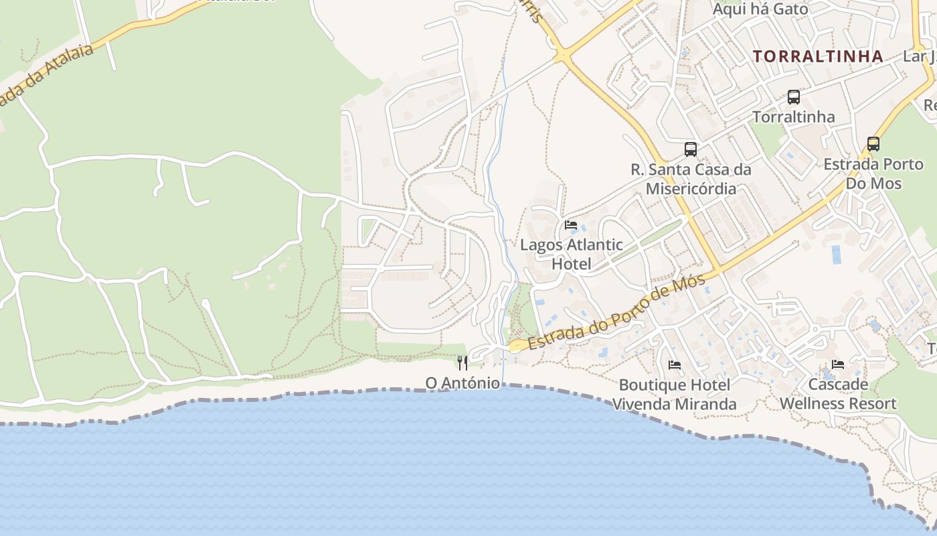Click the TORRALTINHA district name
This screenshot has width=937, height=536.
[818, 56]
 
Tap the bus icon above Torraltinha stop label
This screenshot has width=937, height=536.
[794, 97]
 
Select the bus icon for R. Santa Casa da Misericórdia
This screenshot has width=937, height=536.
[691, 149]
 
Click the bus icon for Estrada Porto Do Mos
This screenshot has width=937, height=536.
[873, 144]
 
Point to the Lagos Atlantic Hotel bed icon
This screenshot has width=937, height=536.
[571, 225]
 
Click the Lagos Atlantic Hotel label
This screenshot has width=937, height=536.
[572, 255]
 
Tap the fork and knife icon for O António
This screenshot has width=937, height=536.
[462, 363]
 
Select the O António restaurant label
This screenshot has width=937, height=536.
[462, 383]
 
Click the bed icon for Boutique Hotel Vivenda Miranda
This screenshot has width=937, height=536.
[675, 365]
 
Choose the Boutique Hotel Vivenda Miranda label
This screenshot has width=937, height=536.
[675, 395]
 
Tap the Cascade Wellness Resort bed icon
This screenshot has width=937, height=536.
[838, 365]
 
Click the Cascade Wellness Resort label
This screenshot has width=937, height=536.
[838, 394]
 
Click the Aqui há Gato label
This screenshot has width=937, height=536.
[760, 9]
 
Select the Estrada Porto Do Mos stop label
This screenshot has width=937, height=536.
[873, 174]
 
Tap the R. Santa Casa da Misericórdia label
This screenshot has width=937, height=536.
[691, 179]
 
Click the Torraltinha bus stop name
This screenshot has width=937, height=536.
[794, 117]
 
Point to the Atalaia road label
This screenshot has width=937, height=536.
[47, 76]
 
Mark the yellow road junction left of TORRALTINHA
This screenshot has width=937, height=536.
[564, 56]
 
